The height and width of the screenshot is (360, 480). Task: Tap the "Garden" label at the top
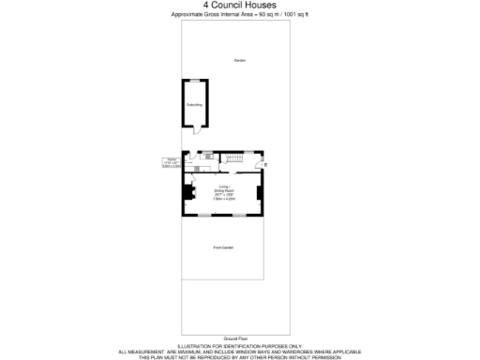point(239,61)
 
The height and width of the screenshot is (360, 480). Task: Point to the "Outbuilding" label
point(194,104)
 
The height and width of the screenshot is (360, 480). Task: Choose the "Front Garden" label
point(223,247)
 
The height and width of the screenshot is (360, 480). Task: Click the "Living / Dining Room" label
point(223,188)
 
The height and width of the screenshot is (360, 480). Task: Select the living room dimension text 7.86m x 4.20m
point(223,199)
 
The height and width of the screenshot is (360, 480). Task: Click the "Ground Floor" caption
point(235,337)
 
